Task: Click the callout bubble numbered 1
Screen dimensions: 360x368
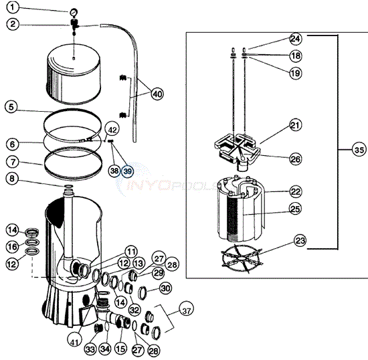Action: (12, 9)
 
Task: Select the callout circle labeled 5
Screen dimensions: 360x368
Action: (12, 106)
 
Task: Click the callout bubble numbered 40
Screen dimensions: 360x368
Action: (157, 94)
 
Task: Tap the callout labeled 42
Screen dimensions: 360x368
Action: (112, 130)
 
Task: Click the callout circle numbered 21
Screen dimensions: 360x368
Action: (295, 124)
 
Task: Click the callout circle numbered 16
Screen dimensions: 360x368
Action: (12, 247)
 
